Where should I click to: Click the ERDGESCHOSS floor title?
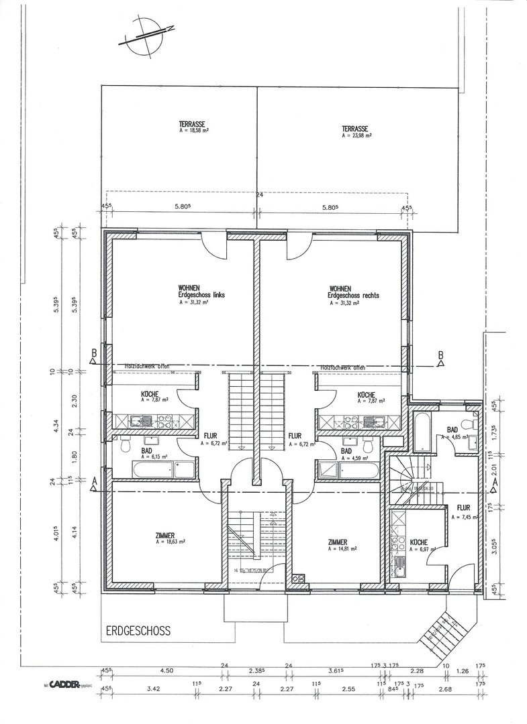point(138,631)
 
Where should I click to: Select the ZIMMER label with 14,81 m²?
point(342,544)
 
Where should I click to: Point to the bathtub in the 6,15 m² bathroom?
point(154,469)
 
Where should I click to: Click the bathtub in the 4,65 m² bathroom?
point(424,433)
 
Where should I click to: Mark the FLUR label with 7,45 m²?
point(466,513)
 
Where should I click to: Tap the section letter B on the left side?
point(95,353)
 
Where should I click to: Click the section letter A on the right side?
point(494,481)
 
